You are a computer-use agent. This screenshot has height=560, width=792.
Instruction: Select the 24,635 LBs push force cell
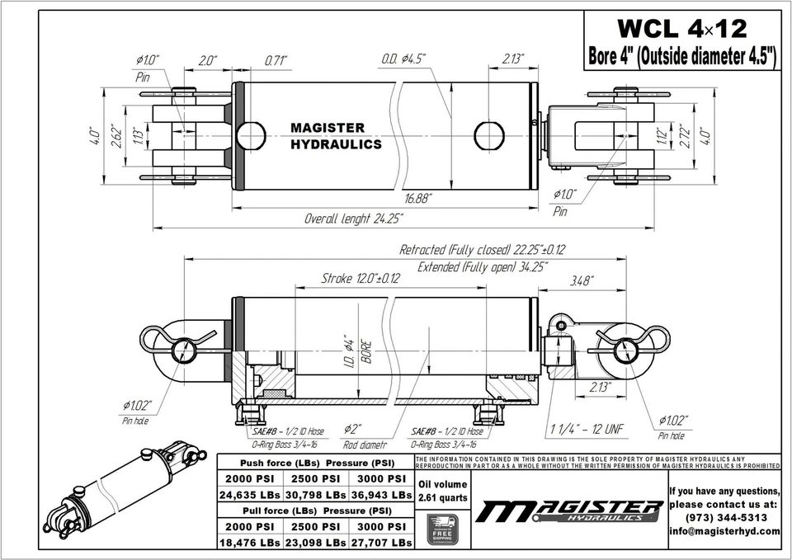(250, 495)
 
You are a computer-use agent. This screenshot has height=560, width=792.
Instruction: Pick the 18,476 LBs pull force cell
(250, 543)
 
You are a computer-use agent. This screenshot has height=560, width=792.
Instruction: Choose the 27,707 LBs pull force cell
(379, 543)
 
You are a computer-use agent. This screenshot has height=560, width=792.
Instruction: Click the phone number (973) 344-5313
(724, 517)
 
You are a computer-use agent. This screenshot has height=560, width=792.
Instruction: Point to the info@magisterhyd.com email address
(724, 531)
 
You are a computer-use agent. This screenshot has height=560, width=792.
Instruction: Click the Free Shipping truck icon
(442, 528)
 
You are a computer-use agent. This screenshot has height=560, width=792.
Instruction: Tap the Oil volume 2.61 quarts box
(442, 491)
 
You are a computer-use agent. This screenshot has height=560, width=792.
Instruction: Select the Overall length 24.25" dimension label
(353, 219)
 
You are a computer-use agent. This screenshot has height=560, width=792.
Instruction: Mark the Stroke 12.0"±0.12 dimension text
(360, 279)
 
